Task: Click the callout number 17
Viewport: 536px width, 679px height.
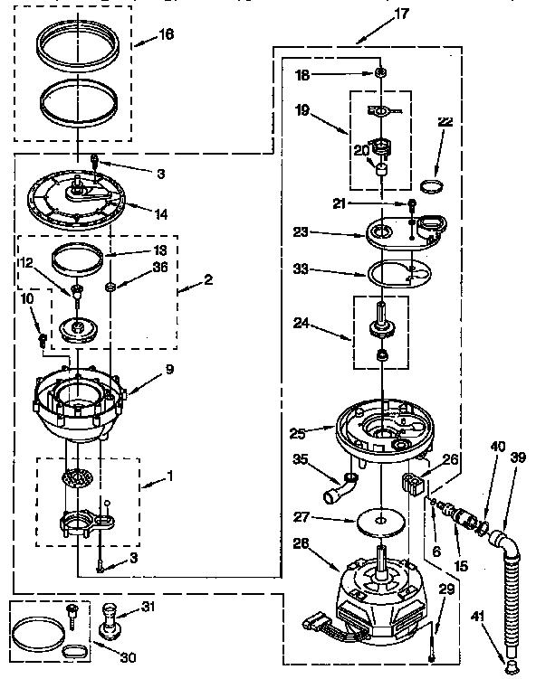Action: [377, 14]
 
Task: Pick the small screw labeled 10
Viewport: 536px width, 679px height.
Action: [42, 339]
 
